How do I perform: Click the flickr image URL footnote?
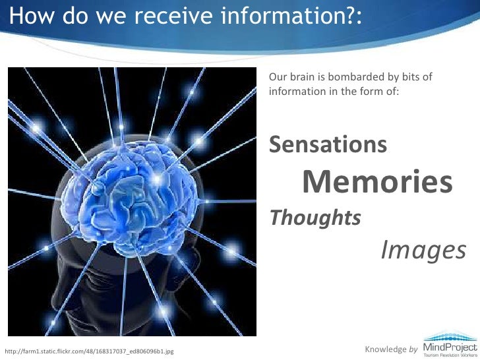coord(89,351)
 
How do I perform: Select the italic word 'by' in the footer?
coord(413,347)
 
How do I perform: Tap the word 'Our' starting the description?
coord(277,78)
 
